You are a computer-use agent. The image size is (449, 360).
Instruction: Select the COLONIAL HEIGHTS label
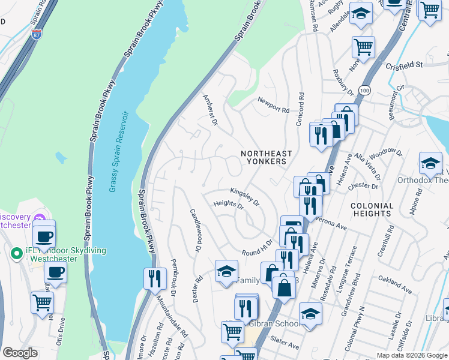(372, 210)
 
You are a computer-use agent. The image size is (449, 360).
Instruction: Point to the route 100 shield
(364, 89)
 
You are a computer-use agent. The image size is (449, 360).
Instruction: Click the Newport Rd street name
(273, 106)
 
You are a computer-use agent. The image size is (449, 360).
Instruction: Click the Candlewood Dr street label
(194, 230)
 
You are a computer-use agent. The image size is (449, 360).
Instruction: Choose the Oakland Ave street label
(394, 283)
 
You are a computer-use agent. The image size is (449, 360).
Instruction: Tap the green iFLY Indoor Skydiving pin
(16, 253)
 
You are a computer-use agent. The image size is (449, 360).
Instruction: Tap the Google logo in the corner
(20, 353)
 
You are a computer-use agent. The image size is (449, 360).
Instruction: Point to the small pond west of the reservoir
(60, 158)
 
